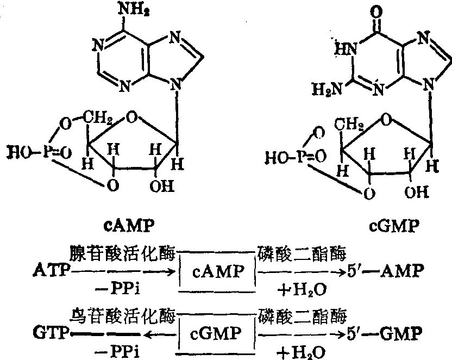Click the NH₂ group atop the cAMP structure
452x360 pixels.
[125, 11]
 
